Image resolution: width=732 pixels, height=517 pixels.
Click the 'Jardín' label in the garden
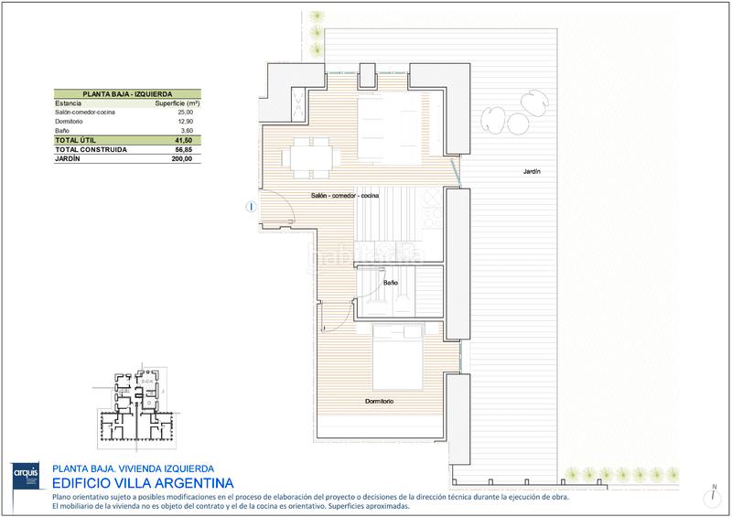click(532, 171)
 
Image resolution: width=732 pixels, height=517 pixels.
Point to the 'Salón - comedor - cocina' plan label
click(345, 196)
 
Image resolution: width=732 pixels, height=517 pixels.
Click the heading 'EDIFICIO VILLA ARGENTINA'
click(143, 482)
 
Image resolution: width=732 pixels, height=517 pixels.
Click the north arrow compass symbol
click(712, 494)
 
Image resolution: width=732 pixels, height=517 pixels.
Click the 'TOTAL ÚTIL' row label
click(78, 140)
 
